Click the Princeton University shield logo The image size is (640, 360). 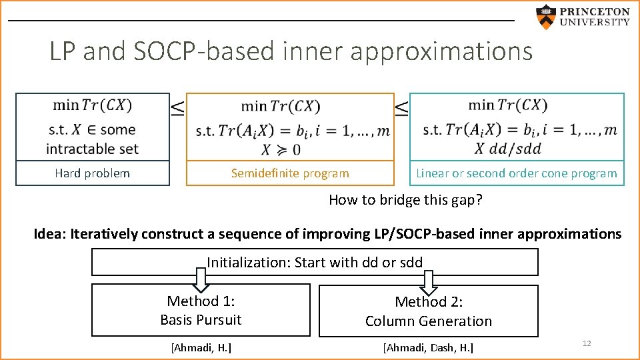coord(546,17)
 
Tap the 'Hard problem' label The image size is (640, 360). coord(92,173)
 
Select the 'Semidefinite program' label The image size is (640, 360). coord(290,173)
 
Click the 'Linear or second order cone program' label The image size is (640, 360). coord(517,173)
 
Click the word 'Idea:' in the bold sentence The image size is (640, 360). coord(51,234)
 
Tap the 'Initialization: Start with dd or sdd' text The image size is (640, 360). coord(315,262)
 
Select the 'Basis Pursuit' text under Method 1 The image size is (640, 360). coord(201,320)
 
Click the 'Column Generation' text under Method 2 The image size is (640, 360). coord(429,321)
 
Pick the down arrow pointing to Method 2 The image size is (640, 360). coord(429,279)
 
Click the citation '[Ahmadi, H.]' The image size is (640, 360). coord(201,347)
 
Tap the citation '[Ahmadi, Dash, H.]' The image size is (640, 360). coord(428,347)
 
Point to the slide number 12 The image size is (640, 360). coord(587,343)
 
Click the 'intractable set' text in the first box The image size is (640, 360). coord(92,148)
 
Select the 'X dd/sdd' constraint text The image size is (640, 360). coord(517,148)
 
